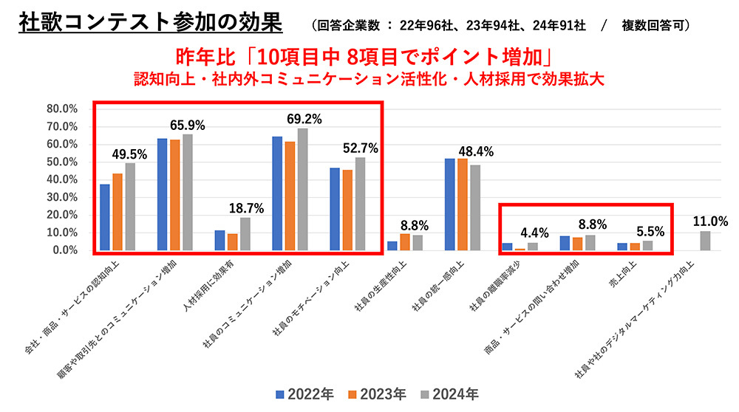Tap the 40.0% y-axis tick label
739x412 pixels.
click(62, 179)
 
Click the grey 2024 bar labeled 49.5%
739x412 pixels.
click(130, 207)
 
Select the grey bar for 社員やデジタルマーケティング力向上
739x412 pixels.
click(705, 241)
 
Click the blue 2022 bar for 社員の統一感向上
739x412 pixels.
click(450, 205)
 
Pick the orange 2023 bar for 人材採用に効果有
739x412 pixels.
click(231, 242)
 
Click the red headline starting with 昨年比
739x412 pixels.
click(366, 57)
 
